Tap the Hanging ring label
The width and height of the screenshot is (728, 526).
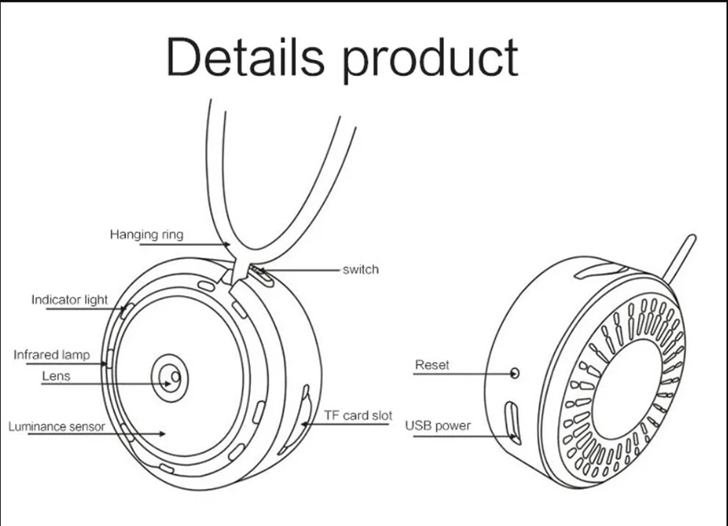(x=146, y=235)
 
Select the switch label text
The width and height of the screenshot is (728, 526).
(x=360, y=269)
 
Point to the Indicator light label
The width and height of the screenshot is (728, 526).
(x=70, y=299)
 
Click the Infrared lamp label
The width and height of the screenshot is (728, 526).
(x=52, y=354)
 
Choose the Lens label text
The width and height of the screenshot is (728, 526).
(x=57, y=375)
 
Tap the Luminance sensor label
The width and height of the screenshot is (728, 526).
(x=57, y=426)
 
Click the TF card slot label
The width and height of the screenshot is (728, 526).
(x=358, y=415)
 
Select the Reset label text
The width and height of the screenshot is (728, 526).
(x=432, y=365)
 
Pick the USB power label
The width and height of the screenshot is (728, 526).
(x=438, y=425)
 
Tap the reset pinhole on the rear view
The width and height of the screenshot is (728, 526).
(x=514, y=373)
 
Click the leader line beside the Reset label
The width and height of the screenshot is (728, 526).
(x=477, y=373)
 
